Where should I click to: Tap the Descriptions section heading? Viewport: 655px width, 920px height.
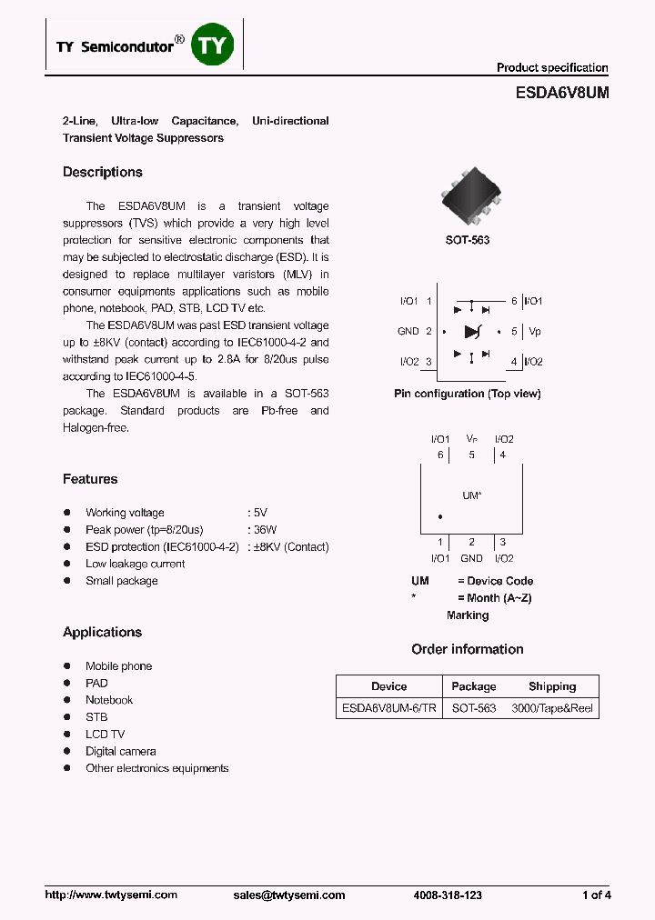pos(103,173)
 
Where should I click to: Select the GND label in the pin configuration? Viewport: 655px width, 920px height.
pos(408,332)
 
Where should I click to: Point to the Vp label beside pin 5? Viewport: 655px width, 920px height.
pos(534,332)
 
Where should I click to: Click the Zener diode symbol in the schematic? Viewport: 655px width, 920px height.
pos(471,332)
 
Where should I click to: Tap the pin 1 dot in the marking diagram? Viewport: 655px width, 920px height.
pos(440,517)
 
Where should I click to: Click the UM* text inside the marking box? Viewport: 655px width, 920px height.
pos(471,495)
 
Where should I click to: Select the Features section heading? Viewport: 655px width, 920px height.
pos(90,479)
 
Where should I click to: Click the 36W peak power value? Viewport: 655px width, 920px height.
pos(265,530)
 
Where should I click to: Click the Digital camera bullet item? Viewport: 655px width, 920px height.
pos(121,751)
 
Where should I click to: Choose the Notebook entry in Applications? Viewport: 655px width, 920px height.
pos(109,700)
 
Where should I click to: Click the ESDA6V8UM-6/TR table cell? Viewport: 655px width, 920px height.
pos(388,707)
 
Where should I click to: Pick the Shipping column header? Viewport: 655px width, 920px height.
pos(552,686)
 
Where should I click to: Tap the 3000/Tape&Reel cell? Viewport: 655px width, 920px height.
pos(552,707)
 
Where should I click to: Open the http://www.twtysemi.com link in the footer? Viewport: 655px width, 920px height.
pos(111,895)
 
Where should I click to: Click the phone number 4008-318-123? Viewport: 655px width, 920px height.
pos(447,895)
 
